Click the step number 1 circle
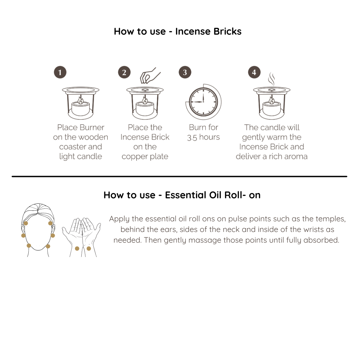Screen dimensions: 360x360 60,72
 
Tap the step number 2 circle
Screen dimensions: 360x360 124,72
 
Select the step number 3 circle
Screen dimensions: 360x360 185,72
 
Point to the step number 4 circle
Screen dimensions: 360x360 254,72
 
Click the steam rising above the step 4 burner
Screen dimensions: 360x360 272,79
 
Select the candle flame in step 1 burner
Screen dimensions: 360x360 80,100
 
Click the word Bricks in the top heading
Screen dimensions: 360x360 227,31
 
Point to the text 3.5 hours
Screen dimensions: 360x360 203,137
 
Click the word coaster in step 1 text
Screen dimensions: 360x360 70,147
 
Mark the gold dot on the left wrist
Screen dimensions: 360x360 77,248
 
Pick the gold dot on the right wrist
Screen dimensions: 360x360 89,248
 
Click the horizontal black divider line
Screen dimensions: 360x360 179,176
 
